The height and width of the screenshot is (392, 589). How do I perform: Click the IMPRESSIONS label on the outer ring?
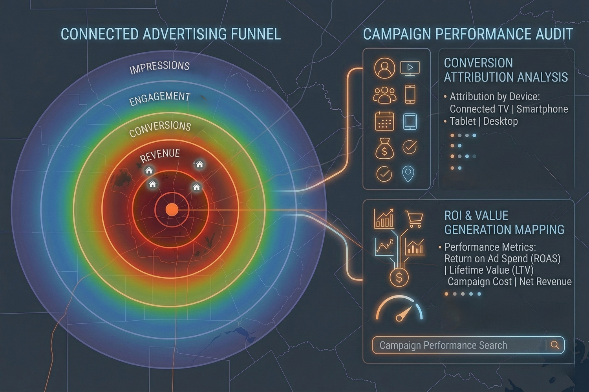point(159,67)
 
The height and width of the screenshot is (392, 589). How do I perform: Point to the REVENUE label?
point(160,155)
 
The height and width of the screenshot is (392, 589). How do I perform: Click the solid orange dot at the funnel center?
point(172,210)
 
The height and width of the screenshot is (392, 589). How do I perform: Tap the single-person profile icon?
point(384,68)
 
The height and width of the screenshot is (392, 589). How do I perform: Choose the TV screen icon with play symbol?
point(410,68)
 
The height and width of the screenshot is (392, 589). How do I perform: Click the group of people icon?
point(384,95)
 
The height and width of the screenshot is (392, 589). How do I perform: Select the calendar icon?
point(384,121)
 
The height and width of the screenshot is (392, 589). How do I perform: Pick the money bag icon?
point(384,149)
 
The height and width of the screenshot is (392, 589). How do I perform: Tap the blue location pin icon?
point(409,174)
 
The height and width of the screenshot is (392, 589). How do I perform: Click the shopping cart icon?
point(414,220)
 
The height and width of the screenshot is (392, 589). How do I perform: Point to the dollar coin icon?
point(399,278)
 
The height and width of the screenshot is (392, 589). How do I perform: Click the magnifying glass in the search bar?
point(555,345)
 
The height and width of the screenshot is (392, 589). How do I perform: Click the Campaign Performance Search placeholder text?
point(443,345)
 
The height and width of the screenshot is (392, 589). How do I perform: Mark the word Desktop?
point(500,121)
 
